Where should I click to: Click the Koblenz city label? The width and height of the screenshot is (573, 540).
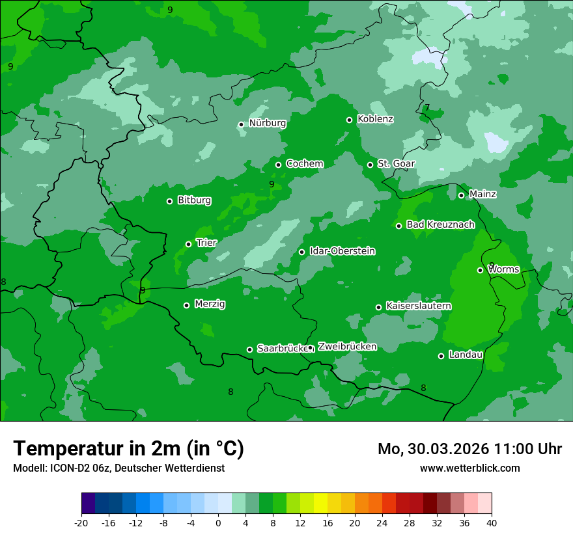pyautogui.click(x=375, y=119)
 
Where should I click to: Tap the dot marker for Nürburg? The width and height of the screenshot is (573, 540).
pyautogui.click(x=241, y=124)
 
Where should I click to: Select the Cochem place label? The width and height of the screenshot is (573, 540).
pyautogui.click(x=304, y=164)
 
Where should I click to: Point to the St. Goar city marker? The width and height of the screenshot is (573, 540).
pyautogui.click(x=370, y=165)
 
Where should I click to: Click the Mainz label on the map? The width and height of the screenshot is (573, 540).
pyautogui.click(x=482, y=195)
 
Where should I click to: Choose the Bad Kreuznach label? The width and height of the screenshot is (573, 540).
pyautogui.click(x=440, y=225)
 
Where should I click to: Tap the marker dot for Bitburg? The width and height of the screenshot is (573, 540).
pyautogui.click(x=169, y=201)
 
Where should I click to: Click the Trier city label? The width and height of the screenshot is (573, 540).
pyautogui.click(x=206, y=243)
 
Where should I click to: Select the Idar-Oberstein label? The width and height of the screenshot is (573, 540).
pyautogui.click(x=342, y=251)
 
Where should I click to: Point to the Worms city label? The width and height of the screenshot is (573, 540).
pyautogui.click(x=503, y=269)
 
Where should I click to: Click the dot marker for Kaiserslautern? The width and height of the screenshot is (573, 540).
pyautogui.click(x=378, y=307)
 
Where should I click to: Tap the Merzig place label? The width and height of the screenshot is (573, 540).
pyautogui.click(x=210, y=304)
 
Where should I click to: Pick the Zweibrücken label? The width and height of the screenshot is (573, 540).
pyautogui.click(x=347, y=347)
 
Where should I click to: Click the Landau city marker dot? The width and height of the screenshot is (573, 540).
pyautogui.click(x=441, y=356)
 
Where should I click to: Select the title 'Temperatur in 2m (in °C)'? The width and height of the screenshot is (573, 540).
pyautogui.click(x=128, y=449)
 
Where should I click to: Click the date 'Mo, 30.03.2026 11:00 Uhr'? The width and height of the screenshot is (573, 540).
pyautogui.click(x=469, y=449)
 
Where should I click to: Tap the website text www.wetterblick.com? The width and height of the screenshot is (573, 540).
pyautogui.click(x=469, y=468)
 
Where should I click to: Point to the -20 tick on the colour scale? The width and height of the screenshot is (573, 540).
pyautogui.click(x=81, y=522)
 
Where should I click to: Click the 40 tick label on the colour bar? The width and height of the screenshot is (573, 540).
pyautogui.click(x=492, y=522)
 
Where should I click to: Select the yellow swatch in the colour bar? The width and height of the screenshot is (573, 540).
pyautogui.click(x=320, y=504)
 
